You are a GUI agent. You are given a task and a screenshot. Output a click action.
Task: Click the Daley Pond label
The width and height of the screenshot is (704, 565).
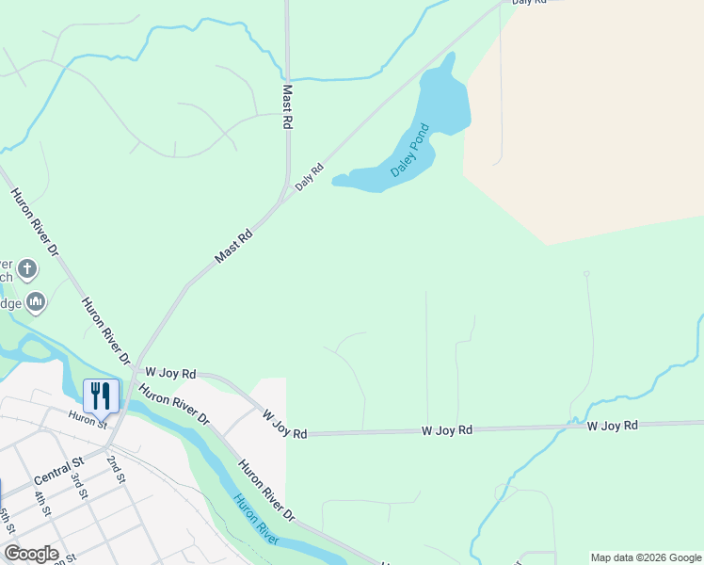[410, 151]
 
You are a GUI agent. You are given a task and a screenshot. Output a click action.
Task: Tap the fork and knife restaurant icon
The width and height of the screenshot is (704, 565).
[102, 395]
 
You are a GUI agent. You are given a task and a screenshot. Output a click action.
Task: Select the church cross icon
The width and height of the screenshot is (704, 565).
[27, 270]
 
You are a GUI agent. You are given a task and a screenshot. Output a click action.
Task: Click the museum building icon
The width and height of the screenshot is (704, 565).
[37, 301]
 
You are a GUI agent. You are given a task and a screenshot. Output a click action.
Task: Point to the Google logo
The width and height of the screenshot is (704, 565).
[31, 554]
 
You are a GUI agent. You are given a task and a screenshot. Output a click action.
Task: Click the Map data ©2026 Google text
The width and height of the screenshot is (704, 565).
[646, 557]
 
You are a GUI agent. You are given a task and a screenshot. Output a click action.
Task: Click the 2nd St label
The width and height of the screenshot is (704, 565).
[116, 468]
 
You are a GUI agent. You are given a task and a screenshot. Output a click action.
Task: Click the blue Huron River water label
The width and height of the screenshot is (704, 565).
[257, 518]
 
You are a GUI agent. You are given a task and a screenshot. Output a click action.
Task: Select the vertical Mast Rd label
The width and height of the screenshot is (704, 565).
[288, 107]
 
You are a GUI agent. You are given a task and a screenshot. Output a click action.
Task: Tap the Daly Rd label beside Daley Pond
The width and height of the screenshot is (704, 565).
[309, 177]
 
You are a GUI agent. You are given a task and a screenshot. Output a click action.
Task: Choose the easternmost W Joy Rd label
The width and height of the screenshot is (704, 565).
[613, 426]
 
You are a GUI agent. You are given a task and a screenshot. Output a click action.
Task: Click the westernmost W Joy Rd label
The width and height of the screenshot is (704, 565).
[170, 373]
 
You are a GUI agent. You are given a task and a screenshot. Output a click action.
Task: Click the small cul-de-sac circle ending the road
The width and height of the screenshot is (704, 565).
[586, 273]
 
